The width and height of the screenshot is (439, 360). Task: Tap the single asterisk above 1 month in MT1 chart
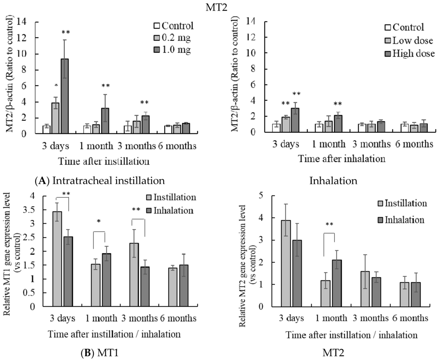pos(99,222)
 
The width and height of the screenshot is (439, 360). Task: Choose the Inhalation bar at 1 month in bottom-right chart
pos(325,283)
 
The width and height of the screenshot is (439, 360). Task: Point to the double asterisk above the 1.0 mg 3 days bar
pos(65,33)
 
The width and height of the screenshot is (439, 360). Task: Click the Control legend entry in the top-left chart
pos(173,25)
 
